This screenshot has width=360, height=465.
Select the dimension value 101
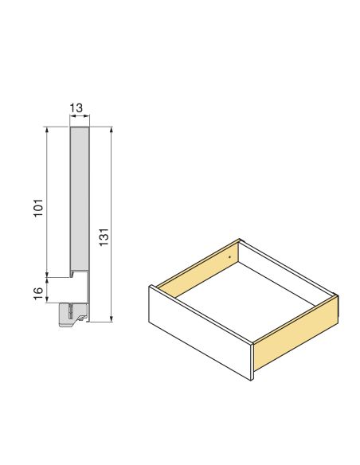click(x=37, y=209)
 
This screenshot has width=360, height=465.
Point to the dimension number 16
click(x=37, y=291)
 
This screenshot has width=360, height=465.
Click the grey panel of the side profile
click(x=80, y=199)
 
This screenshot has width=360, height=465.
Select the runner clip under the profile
click(x=72, y=313)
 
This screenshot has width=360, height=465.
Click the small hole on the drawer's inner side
click(x=229, y=257)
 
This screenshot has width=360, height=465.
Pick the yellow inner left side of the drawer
click(x=199, y=268)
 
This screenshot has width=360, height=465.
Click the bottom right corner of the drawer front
click(x=250, y=379)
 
